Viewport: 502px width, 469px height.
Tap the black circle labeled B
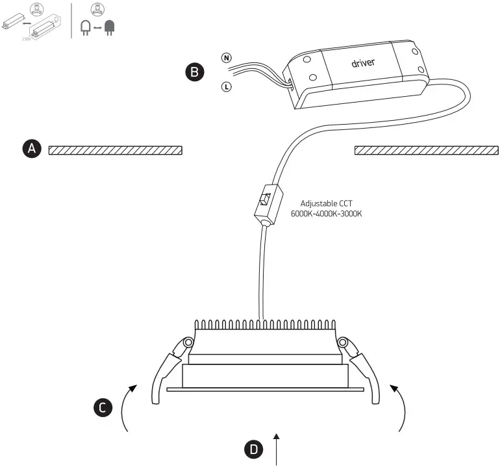[194, 72]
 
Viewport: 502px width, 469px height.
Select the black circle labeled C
[102, 407]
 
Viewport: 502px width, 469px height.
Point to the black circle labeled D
[254, 448]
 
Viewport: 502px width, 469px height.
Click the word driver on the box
[364, 63]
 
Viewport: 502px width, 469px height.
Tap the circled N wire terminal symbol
[226, 58]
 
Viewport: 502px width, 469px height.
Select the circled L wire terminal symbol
[226, 86]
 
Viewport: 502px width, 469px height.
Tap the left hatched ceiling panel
[115, 151]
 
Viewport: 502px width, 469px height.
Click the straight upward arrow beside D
[279, 448]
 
